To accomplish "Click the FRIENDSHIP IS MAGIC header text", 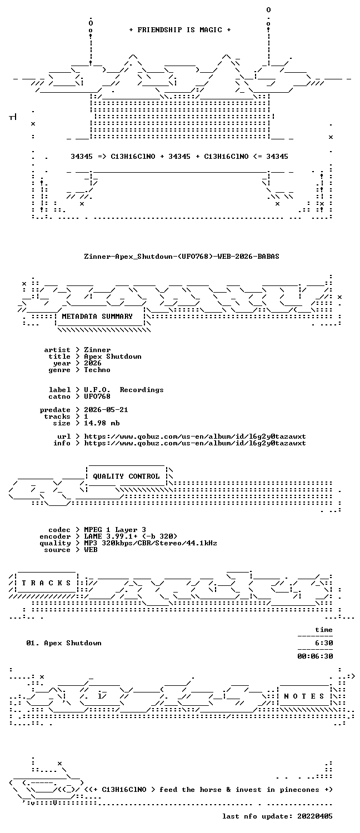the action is pos(180,30).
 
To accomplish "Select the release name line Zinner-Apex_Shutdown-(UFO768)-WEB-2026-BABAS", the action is pos(182,256).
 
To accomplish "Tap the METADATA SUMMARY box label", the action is pos(97,317).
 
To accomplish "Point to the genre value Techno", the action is pos(97,370).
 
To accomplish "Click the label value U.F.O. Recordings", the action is pos(124,390).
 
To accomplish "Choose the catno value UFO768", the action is pos(97,397).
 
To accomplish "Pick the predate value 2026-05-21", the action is pos(106,410).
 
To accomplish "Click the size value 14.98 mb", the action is pos(102,423).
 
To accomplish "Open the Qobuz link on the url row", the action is pos(195,436).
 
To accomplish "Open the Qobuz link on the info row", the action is pos(195,443).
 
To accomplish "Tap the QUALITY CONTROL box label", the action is pos(126,476).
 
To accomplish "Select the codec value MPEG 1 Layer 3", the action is pos(115,530).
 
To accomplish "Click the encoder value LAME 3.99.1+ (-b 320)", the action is pos(131,536).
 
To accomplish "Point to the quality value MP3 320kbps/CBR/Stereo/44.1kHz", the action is pos(150,543).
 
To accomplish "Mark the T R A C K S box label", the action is pos(46,583).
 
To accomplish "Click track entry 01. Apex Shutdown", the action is pos(63,643).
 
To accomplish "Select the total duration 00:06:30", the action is pos(315,656).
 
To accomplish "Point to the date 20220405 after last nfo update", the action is pos(315,816).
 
